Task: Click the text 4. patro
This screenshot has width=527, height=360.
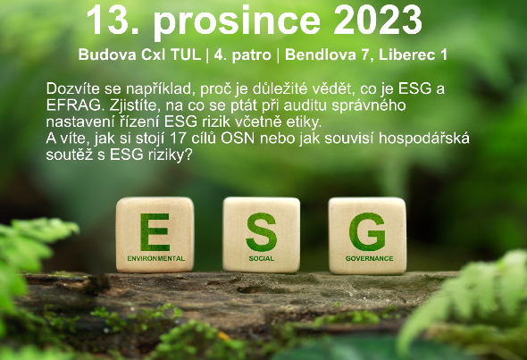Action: coord(242,55)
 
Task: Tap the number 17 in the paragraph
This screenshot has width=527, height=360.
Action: coord(179,138)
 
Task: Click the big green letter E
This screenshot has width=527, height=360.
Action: coord(155,232)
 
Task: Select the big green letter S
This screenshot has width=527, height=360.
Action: coord(261,232)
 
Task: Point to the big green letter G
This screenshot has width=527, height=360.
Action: coord(367,232)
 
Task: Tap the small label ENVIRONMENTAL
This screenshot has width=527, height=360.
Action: coord(156,258)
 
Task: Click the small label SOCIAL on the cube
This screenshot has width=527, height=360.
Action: coord(261,258)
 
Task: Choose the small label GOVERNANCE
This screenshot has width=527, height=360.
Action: coord(370,258)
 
